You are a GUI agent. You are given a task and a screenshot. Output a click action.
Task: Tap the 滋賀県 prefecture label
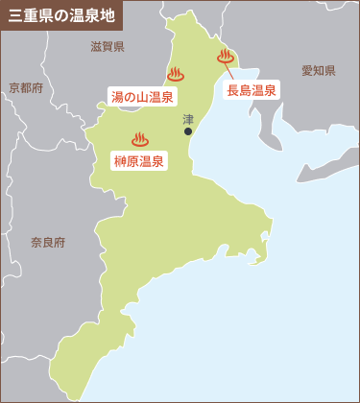pyautogui.click(x=108, y=46)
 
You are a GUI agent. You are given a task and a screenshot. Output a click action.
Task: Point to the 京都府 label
pyautogui.click(x=26, y=88)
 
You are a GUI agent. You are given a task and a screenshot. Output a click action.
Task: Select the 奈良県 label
pyautogui.click(x=47, y=243)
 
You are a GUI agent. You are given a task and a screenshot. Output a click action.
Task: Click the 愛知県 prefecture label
pyautogui.click(x=317, y=71)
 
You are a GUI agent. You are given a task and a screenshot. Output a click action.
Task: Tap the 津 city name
pyautogui.click(x=188, y=119)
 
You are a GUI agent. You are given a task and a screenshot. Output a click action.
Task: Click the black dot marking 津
pyautogui.click(x=188, y=131)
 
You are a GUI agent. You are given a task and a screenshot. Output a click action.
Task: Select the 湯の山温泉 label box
pyautogui.click(x=142, y=96)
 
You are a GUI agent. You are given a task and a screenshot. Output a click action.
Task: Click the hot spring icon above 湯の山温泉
pyautogui.click(x=176, y=74)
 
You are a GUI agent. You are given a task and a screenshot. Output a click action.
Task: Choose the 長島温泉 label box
pyautogui.click(x=252, y=90)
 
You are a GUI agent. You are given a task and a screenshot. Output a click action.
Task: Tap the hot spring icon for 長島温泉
pyautogui.click(x=227, y=57)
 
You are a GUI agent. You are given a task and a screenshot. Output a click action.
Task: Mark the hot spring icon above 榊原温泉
pyautogui.click(x=140, y=139)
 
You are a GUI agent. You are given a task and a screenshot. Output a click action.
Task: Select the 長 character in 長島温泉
pyautogui.click(x=232, y=90)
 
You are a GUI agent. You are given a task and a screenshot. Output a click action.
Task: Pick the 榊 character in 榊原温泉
pyautogui.click(x=120, y=160)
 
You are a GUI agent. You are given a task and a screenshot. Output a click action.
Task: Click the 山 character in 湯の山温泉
pyautogui.click(x=142, y=96)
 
